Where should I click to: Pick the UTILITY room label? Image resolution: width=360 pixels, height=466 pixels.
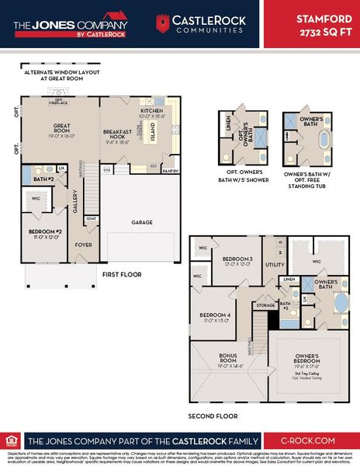[x=274, y=265]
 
